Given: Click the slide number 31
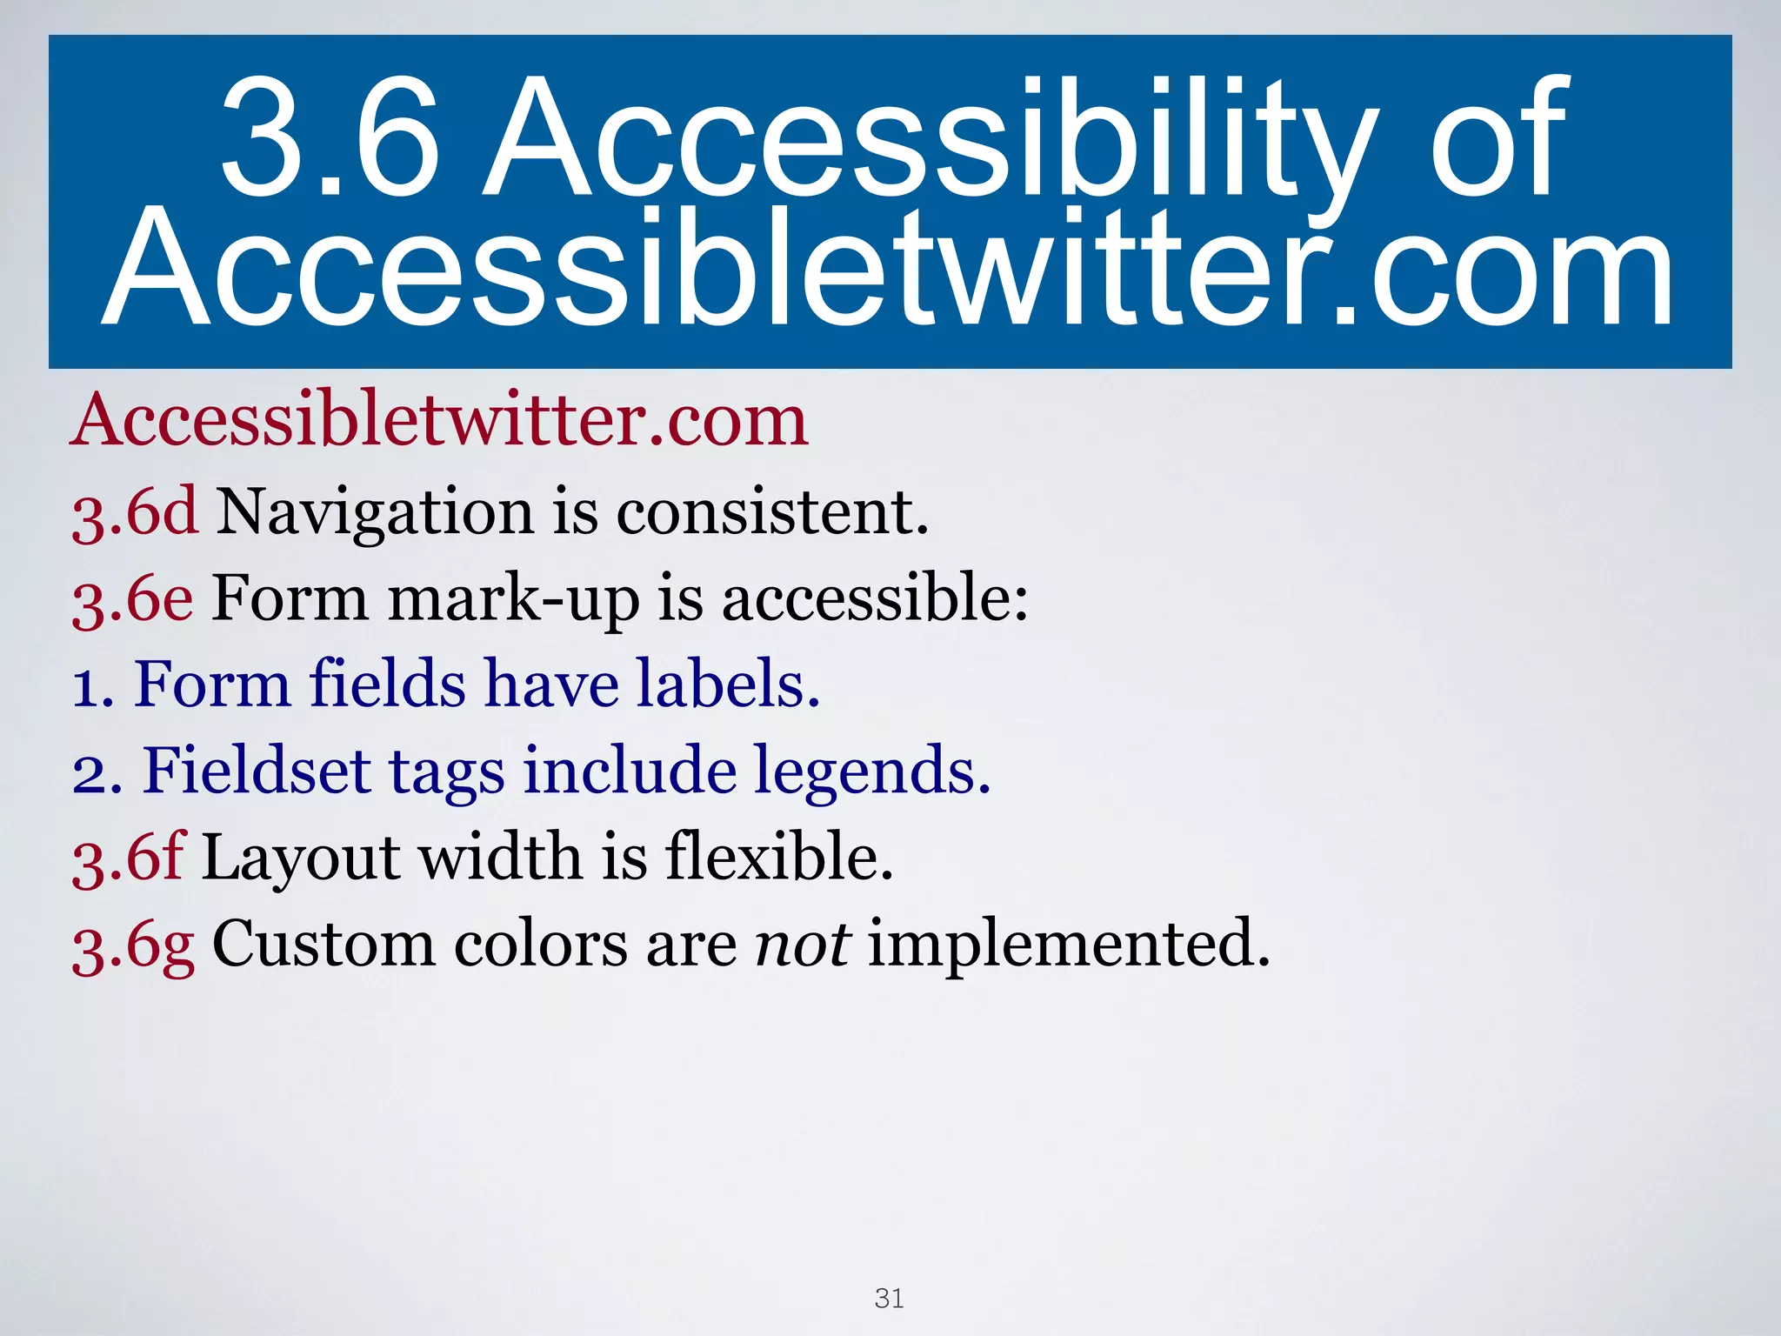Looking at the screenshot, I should coord(889,1299).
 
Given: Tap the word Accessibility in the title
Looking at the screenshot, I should coord(931,139).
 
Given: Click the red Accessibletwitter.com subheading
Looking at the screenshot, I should coord(439,420).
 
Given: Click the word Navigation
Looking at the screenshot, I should coord(374,513).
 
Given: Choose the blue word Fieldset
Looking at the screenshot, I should coord(257,771).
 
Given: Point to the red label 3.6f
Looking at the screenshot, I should coord(128,858).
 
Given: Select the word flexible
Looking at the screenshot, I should coord(779,858).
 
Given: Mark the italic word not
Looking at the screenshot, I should coord(802,945).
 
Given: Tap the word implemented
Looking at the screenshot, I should coord(1069,945).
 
